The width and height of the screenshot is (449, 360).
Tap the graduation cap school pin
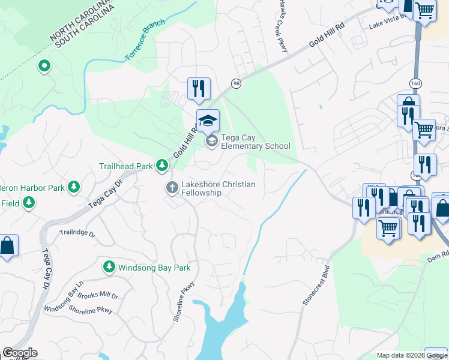(x=208, y=121)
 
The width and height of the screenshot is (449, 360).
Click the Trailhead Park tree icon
(x=161, y=165)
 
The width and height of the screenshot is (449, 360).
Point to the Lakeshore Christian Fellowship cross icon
(x=172, y=188)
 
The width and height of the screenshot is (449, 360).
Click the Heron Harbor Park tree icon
(x=74, y=188)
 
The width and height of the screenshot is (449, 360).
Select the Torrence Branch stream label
(x=144, y=43)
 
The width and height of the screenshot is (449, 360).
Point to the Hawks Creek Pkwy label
(x=281, y=25)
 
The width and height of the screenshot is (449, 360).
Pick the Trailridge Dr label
(x=77, y=232)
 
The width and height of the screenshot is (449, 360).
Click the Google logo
(x=20, y=353)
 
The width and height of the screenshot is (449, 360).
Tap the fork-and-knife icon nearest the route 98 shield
(x=198, y=89)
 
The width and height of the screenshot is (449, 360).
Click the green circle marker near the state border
(x=43, y=66)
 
